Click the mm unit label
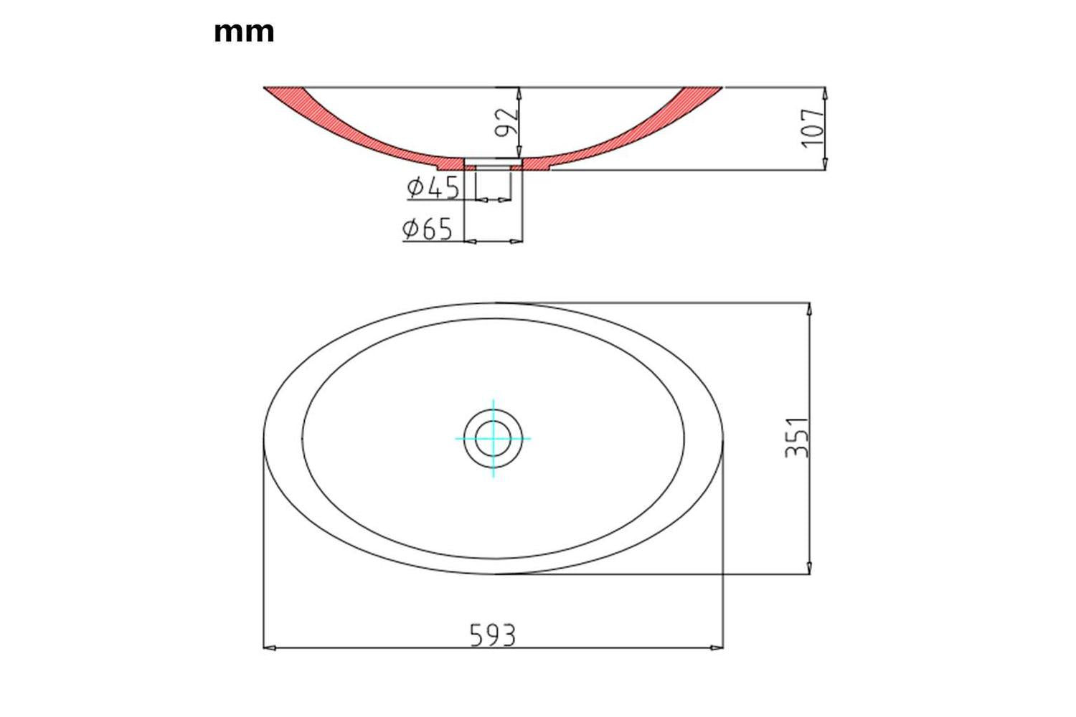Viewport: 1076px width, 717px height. point(244,33)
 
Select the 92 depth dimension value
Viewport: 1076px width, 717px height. point(506,123)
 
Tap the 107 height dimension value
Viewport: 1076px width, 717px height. point(812,128)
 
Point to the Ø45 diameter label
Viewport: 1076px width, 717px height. point(433,187)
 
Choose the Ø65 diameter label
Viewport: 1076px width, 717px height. point(428,229)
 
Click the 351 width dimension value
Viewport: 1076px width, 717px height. point(797,437)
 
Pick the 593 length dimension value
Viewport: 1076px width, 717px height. point(492,635)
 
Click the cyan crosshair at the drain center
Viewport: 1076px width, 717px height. point(494,439)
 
